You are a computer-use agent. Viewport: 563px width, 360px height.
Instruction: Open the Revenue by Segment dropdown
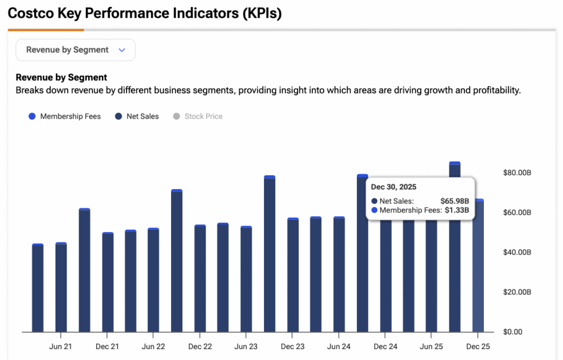pyautogui.click(x=75, y=50)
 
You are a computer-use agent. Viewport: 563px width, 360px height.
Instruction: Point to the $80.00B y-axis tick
pyautogui.click(x=517, y=173)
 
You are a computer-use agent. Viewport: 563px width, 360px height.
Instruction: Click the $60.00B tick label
pyautogui.click(x=517, y=213)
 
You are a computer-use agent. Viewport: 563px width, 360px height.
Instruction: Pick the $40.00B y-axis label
pyautogui.click(x=517, y=252)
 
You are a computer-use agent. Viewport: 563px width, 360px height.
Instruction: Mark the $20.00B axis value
pyautogui.click(x=517, y=292)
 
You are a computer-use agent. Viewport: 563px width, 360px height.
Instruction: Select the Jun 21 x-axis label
pyautogui.click(x=60, y=347)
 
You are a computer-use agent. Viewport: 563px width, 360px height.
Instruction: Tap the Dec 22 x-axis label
pyautogui.click(x=200, y=347)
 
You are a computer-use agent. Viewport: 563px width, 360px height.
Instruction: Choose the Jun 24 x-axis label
pyautogui.click(x=339, y=347)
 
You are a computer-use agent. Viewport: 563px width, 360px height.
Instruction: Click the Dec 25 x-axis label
pyautogui.click(x=478, y=347)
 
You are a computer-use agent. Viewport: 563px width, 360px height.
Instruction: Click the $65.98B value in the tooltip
pyautogui.click(x=455, y=201)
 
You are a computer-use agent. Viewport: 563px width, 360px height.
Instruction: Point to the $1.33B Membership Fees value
pyautogui.click(x=457, y=210)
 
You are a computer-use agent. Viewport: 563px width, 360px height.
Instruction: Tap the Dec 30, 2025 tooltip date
pyautogui.click(x=394, y=187)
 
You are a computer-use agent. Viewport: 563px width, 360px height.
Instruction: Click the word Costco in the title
pyautogui.click(x=32, y=13)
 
